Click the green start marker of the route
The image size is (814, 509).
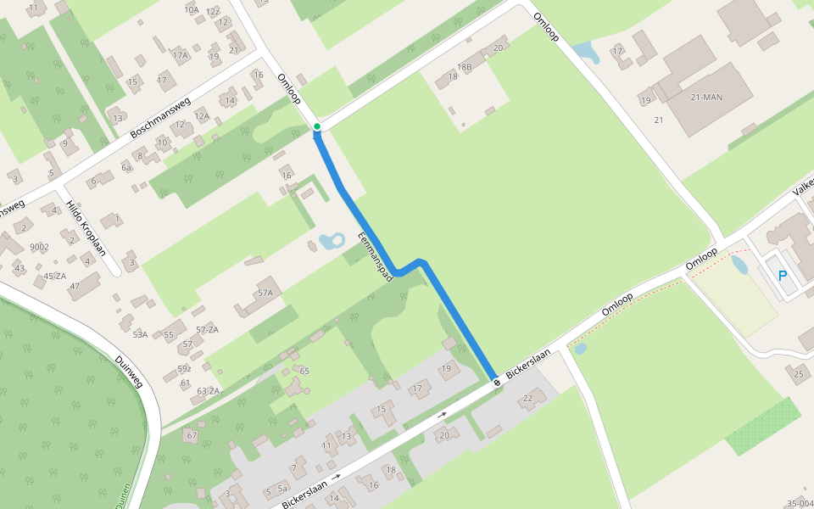[317, 127]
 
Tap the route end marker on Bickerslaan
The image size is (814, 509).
[497, 383]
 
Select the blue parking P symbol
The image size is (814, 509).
[783, 276]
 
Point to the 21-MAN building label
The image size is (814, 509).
[705, 98]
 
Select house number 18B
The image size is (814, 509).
[465, 67]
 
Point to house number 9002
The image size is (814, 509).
[39, 247]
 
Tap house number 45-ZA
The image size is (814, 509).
[55, 276]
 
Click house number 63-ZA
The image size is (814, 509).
[208, 391]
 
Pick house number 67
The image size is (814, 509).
[192, 435]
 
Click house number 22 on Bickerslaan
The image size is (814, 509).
[528, 399]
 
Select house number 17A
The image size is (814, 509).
[180, 55]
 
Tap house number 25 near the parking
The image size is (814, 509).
[798, 373]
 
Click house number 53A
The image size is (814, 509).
[140, 334]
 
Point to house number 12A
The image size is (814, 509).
[202, 115]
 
